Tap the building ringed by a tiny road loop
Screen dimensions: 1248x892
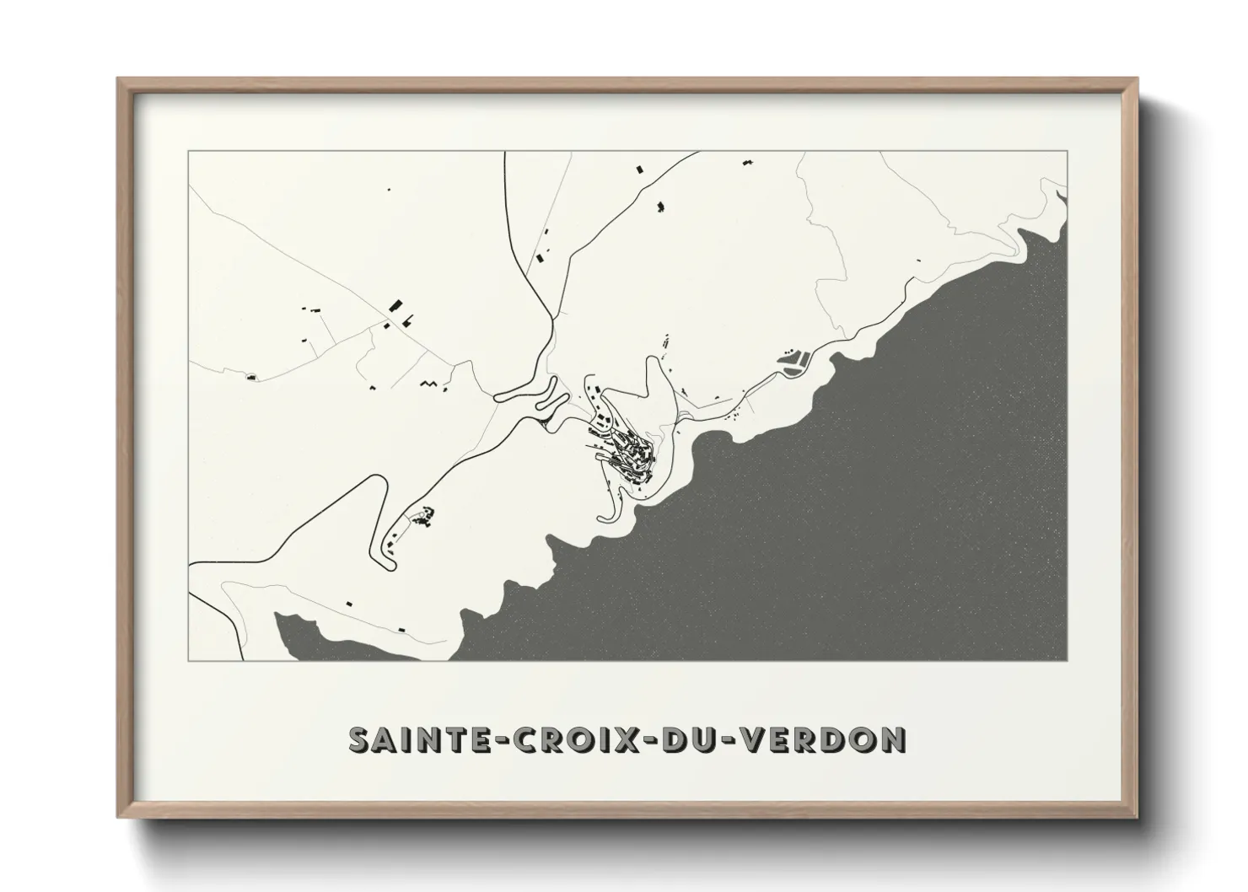[x=250, y=377]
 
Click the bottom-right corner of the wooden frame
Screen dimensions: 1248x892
[x=1137, y=817]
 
